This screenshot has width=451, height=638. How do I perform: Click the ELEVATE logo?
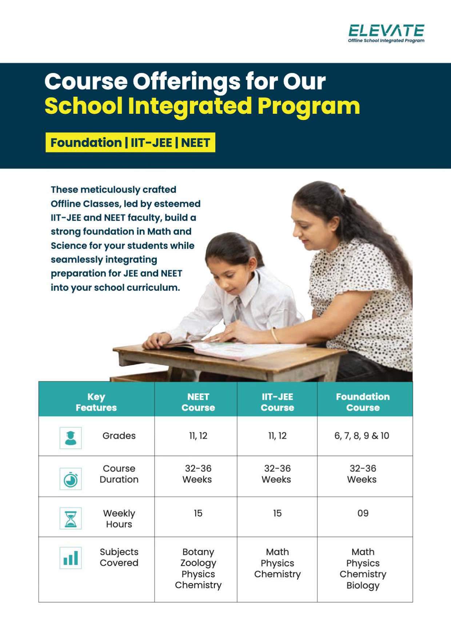tap(386, 33)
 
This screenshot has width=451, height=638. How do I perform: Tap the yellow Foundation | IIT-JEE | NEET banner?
tap(130, 143)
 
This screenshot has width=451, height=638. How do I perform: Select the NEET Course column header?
tap(198, 402)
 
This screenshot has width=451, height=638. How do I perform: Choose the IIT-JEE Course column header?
tap(277, 402)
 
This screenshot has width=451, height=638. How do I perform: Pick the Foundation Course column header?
tap(363, 402)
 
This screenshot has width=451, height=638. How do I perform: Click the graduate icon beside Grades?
tap(71, 438)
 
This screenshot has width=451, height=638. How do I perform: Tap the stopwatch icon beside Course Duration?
tap(71, 479)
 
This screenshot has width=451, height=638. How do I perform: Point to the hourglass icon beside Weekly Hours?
tap(71, 518)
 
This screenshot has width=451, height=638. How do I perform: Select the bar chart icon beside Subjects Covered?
tap(71, 558)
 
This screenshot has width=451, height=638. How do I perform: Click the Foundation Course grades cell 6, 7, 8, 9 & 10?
tap(362, 436)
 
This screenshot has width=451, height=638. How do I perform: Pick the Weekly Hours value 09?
tap(363, 513)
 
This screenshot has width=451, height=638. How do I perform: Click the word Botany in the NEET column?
tap(198, 552)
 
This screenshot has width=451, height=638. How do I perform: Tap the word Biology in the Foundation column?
tap(363, 585)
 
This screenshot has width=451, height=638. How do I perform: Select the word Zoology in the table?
tap(198, 563)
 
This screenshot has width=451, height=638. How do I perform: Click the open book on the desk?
tap(233, 349)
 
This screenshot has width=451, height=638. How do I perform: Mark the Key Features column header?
tap(96, 402)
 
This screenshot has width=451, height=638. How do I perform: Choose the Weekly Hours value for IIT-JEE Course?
tap(277, 513)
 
